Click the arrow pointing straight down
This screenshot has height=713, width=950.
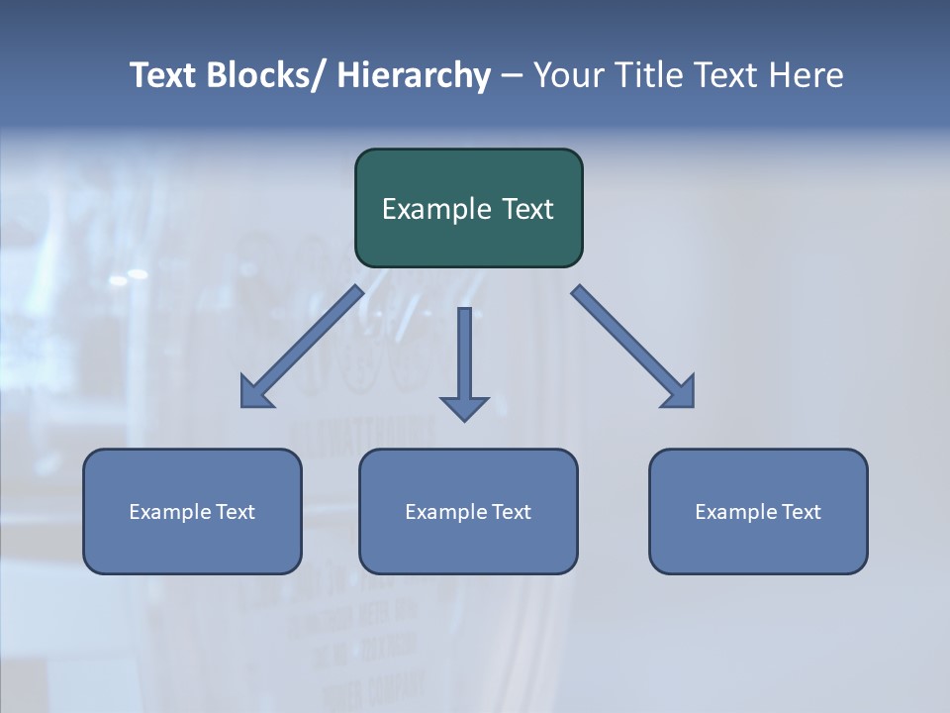[464, 361]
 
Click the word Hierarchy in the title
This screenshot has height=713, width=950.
[414, 76]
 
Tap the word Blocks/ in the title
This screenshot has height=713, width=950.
[262, 76]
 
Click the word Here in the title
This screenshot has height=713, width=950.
[806, 76]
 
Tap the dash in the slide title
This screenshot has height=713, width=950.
[512, 76]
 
